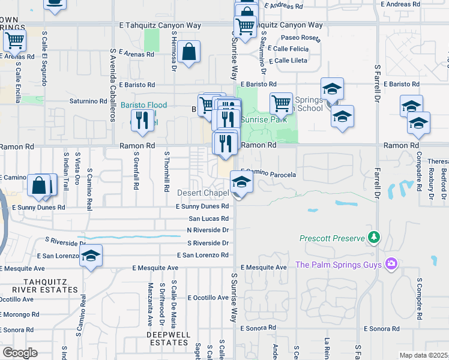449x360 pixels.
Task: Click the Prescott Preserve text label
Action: pyautogui.click(x=332, y=239)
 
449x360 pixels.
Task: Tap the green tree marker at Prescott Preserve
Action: pyautogui.click(x=375, y=238)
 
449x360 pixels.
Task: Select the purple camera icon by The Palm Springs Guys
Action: pyautogui.click(x=392, y=264)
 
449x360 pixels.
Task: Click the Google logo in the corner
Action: pyautogui.click(x=20, y=353)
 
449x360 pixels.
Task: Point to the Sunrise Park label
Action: pyautogui.click(x=264, y=119)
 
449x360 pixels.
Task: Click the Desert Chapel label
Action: pyautogui.click(x=203, y=193)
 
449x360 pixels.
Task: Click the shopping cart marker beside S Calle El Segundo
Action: pyautogui.click(x=14, y=41)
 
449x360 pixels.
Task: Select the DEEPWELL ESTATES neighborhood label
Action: pyautogui.click(x=169, y=338)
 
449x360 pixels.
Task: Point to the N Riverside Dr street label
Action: pyautogui.click(x=208, y=230)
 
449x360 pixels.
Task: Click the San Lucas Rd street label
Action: pyautogui.click(x=208, y=219)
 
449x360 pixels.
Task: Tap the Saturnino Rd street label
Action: pyautogui.click(x=88, y=101)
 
